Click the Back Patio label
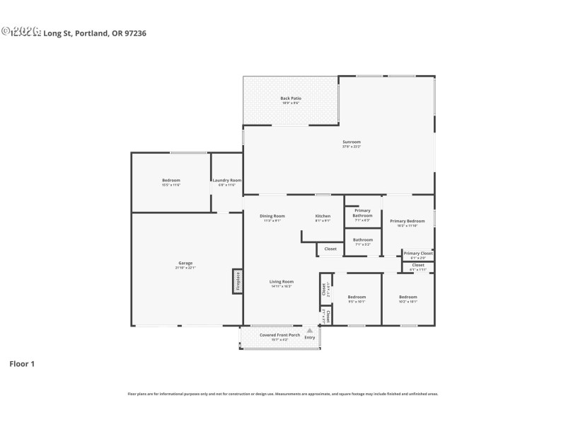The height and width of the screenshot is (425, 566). [x=290, y=98]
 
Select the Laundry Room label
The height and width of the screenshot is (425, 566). [x=227, y=181]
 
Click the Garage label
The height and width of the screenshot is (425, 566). [x=184, y=263]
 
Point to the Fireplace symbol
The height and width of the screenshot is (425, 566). [x=238, y=281]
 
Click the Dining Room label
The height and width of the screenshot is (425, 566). [x=272, y=216]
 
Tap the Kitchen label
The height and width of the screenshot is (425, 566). [x=323, y=216]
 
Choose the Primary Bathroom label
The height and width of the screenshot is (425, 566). [x=362, y=212]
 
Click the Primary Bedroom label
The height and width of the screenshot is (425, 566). [x=408, y=221]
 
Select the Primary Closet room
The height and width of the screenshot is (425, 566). [x=417, y=254]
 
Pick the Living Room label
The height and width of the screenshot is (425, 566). [x=282, y=282]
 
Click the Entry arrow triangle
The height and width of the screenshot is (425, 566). [x=309, y=330]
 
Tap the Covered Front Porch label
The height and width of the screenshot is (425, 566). [x=279, y=335]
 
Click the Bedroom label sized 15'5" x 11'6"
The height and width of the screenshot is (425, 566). [x=171, y=181]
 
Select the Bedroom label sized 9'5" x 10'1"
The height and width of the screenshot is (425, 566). [x=357, y=297]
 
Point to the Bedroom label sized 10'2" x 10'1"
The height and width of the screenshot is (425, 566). [x=408, y=297]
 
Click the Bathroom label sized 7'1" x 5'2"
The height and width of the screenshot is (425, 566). [x=363, y=241]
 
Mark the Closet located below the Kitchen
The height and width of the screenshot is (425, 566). [x=330, y=249]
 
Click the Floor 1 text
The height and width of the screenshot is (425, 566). [x=21, y=363]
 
